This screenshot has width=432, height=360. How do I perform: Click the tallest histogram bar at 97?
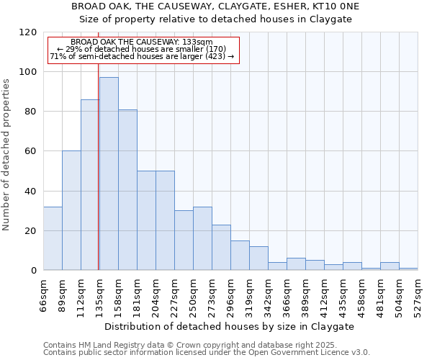[x=109, y=174]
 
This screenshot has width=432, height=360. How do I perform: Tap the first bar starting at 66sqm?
[x=53, y=238]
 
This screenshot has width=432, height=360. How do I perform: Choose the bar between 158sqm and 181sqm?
[x=127, y=190]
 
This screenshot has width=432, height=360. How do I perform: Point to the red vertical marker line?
[x=98, y=180]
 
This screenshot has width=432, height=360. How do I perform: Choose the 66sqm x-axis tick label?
[x=44, y=294]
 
